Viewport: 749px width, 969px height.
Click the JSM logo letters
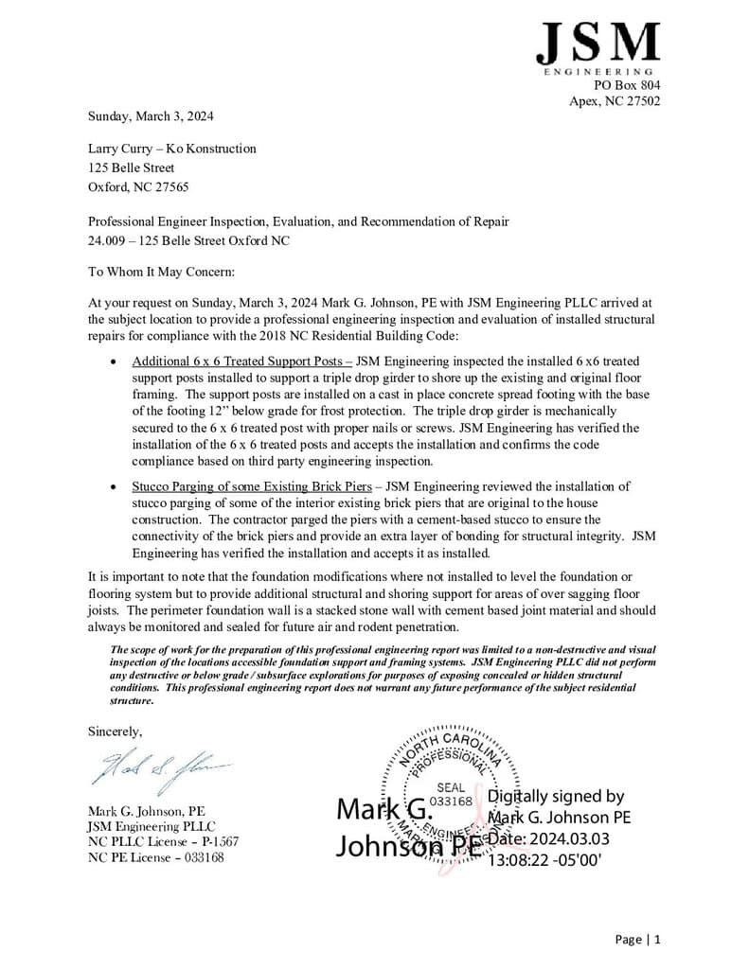click(597, 44)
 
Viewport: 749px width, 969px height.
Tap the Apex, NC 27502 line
click(615, 101)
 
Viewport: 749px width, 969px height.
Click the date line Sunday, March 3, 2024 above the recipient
click(151, 116)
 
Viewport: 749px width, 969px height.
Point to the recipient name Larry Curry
click(118, 149)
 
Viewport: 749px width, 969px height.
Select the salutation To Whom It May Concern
click(160, 273)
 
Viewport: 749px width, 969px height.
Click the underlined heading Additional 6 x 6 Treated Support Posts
click(241, 361)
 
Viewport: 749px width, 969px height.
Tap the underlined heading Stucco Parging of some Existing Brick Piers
click(251, 486)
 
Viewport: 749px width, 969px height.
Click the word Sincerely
click(116, 731)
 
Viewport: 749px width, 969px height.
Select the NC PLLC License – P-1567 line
click(163, 841)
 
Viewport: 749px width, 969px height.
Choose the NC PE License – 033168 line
click(156, 857)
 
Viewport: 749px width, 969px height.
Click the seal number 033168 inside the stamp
click(451, 801)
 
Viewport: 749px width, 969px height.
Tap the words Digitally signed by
click(556, 797)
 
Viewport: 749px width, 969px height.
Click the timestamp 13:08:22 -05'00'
click(544, 861)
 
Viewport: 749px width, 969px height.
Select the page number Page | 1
click(637, 940)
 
